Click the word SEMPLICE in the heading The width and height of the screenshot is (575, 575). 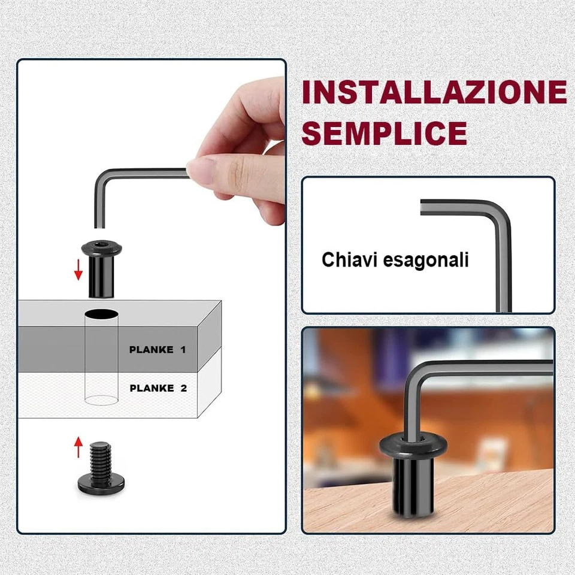pyautogui.click(x=384, y=133)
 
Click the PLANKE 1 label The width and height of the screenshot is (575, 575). pyautogui.click(x=158, y=350)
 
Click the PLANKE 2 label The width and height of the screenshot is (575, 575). pyautogui.click(x=158, y=388)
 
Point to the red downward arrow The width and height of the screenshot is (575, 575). pyautogui.click(x=78, y=270)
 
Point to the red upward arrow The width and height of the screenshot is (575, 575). pyautogui.click(x=78, y=447)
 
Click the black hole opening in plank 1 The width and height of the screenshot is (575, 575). pyautogui.click(x=101, y=313)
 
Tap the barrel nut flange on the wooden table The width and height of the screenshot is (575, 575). pyautogui.click(x=413, y=446)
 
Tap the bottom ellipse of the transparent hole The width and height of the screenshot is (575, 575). pyautogui.click(x=101, y=400)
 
